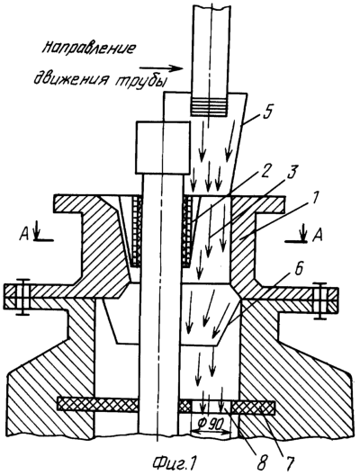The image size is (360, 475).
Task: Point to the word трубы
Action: point(140,79)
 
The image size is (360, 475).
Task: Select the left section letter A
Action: point(25,234)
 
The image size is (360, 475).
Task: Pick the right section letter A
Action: point(315,234)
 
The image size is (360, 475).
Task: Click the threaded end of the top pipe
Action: point(209,106)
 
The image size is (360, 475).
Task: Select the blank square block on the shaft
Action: point(162,147)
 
